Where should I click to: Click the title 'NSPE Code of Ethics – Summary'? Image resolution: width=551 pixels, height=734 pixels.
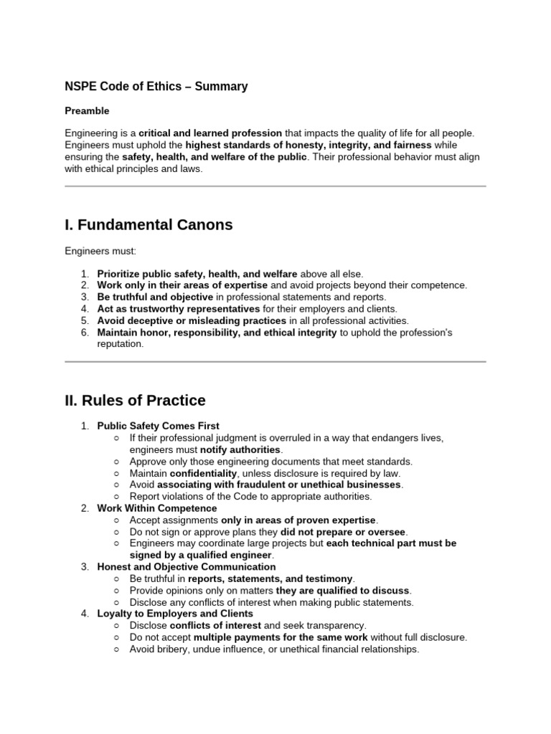pos(156,87)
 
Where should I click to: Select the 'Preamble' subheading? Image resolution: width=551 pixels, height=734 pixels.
pos(87,111)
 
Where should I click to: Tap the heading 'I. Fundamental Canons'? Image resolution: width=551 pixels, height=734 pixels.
pos(149,225)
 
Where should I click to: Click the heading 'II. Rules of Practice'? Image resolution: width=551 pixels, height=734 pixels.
pos(135,401)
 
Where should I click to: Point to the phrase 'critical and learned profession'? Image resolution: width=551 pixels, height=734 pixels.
pos(210,133)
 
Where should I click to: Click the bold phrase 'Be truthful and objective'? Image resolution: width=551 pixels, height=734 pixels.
pos(155,297)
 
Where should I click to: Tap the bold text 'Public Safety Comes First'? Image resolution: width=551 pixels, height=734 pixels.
pos(159,426)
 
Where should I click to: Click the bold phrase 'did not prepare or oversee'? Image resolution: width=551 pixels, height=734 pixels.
pos(343,532)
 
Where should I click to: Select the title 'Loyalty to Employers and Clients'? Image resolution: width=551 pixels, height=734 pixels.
pos(175,614)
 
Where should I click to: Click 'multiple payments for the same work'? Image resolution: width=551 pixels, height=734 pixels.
pos(281,637)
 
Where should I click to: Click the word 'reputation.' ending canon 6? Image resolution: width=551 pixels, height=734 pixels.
pos(121,344)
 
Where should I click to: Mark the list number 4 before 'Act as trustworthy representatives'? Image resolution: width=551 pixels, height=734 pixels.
pos(84,309)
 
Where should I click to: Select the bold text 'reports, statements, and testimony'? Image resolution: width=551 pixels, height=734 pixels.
pos(270,578)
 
